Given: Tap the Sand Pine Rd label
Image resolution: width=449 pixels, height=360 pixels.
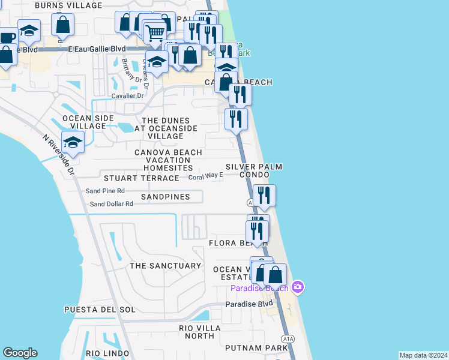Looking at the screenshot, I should [x=105, y=191].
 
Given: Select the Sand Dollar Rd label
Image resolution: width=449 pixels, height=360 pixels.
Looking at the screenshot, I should [x=111, y=204].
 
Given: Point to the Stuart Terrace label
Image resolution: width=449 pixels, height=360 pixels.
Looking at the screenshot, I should [x=142, y=178].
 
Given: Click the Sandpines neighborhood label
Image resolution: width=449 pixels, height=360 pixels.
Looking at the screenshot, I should [x=166, y=197].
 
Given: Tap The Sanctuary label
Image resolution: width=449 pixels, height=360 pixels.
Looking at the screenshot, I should [x=166, y=266].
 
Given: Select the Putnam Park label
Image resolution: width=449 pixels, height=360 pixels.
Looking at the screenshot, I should [x=257, y=348].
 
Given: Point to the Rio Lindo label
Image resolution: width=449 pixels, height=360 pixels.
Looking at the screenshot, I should [x=109, y=353].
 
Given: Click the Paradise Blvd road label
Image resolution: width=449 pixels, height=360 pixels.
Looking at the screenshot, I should [x=249, y=304].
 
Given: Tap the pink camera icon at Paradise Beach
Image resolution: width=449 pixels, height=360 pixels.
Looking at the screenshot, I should [x=298, y=287].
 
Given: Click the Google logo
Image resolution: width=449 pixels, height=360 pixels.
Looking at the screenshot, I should [x=20, y=353].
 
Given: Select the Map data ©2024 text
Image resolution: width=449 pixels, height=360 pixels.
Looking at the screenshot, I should [x=423, y=355].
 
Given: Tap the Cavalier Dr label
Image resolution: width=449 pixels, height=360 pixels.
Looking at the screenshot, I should [x=128, y=95].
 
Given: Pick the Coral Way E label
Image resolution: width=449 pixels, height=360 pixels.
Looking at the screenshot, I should [x=205, y=176].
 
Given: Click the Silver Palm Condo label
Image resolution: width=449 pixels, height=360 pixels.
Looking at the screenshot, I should [x=254, y=170].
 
